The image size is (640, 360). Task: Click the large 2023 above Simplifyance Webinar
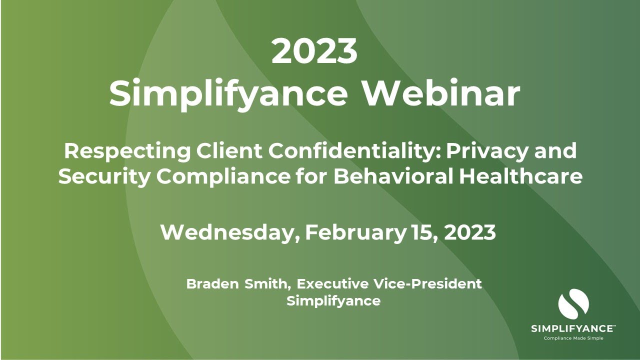tap(314, 51)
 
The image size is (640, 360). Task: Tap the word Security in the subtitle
tap(100, 177)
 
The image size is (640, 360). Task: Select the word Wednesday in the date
tap(230, 232)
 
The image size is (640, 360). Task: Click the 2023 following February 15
tap(469, 232)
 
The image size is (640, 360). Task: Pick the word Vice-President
tap(427, 284)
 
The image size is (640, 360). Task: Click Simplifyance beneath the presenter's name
tap(333, 301)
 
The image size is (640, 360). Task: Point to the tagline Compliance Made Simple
tap(573, 338)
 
